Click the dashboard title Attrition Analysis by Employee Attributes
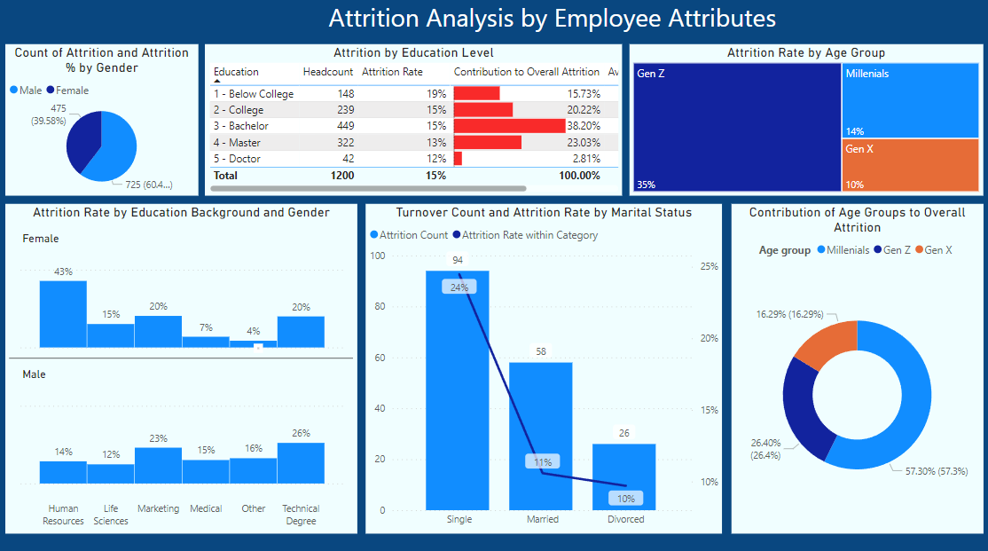click(552, 19)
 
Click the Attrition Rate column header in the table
click(392, 72)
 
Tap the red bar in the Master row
click(487, 142)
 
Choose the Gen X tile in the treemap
click(910, 164)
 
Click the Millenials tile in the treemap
click(910, 100)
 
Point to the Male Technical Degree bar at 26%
click(301, 462)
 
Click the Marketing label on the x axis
click(158, 508)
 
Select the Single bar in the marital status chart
click(458, 390)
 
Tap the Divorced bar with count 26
click(624, 476)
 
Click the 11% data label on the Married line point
click(542, 461)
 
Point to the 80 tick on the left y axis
click(380, 306)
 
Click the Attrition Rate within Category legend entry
click(525, 235)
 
